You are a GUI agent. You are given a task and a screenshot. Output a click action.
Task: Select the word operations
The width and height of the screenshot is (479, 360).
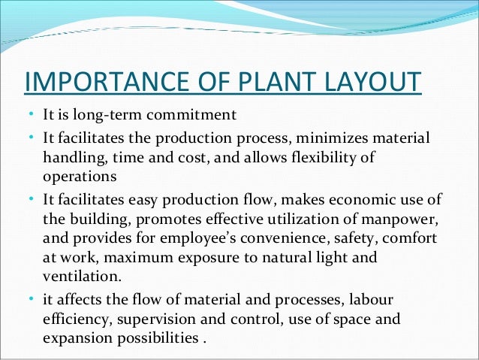coord(79,177)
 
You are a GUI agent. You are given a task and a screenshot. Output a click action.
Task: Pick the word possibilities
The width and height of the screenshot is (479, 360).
coord(157,338)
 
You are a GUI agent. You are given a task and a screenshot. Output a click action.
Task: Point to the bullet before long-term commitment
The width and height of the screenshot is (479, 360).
coord(29,115)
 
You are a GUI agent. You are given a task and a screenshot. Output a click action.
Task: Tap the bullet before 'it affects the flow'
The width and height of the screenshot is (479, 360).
coord(29,299)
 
